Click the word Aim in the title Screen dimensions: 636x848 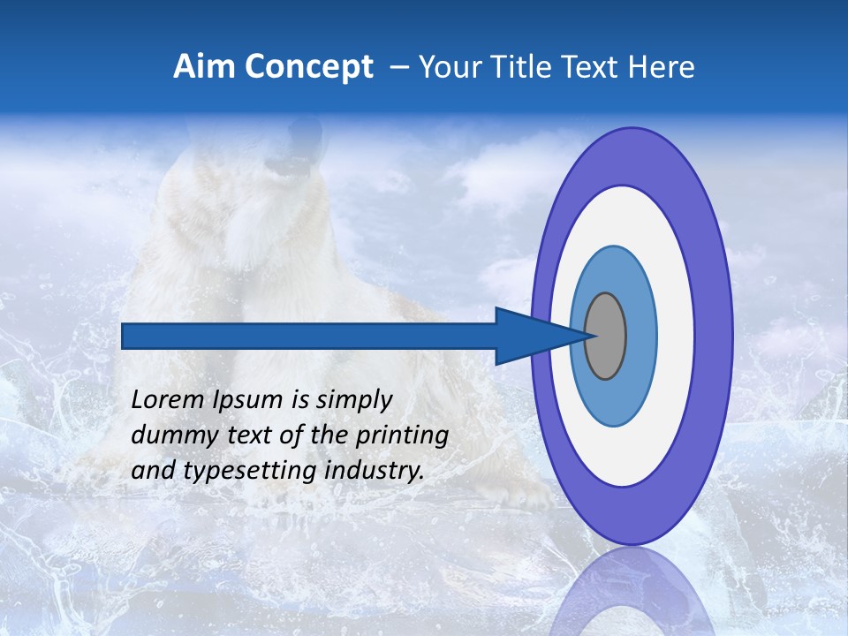204,67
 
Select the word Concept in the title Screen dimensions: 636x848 308,68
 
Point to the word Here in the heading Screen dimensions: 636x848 662,67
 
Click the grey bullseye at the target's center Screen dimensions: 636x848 606,336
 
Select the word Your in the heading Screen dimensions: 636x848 447,67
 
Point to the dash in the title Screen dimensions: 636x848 398,67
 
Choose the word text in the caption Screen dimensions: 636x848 261,435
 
